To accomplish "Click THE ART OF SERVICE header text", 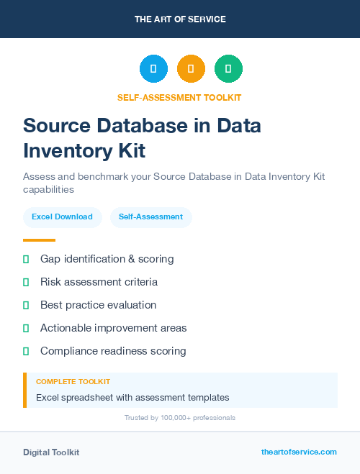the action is pos(180,19).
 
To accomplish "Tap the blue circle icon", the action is pos(153,69).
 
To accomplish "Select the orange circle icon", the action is pos(191,69).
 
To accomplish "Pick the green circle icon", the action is pos(228,69).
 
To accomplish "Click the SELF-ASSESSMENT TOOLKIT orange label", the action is pos(180,97).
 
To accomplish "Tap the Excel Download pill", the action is pos(62,217).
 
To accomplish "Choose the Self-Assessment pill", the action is pos(150,217).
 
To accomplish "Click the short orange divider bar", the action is pos(39,240).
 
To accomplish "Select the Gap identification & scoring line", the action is pos(107,259).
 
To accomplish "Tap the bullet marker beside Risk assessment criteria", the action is pos(26,282).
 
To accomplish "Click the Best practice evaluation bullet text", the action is pos(98,305).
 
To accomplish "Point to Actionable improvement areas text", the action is pos(113,328).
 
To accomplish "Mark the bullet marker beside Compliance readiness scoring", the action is pos(26,351).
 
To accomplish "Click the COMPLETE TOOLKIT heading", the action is pos(73,381).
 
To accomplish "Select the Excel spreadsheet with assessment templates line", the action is pos(132,397).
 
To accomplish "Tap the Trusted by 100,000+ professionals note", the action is pos(180,418).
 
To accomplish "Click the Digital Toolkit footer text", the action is pos(51,452).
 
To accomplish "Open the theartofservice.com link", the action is pos(299,452).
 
